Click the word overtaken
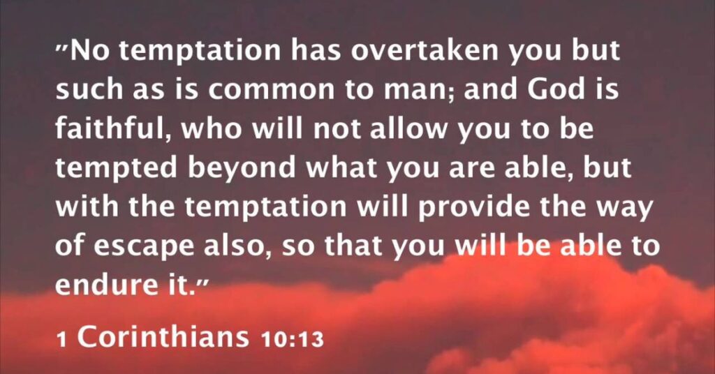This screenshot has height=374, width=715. point(425,50)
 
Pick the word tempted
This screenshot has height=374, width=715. point(116,168)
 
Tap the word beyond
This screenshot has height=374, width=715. point(242,168)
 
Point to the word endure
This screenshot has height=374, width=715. point(98,284)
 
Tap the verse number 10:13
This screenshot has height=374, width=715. point(293,339)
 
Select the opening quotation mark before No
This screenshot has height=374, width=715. point(61,47)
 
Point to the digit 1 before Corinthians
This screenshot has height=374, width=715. point(61,340)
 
